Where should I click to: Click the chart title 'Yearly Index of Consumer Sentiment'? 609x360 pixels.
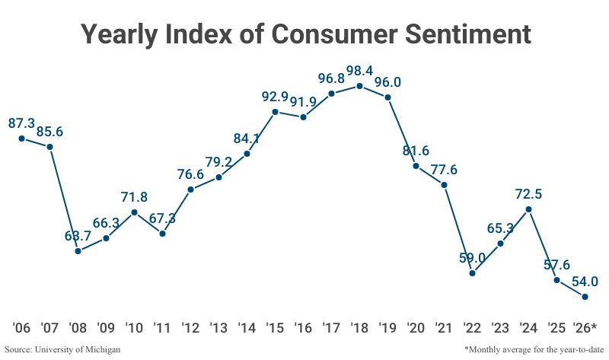click(304, 35)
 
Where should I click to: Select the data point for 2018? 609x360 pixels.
click(360, 86)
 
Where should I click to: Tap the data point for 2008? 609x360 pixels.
click(78, 250)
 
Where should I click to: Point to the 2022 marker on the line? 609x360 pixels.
click(473, 272)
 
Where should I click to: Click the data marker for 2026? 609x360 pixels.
click(585, 297)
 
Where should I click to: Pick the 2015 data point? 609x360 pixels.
click(275, 112)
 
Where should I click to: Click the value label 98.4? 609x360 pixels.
click(359, 71)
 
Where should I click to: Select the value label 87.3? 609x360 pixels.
click(22, 123)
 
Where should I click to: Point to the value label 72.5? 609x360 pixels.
click(528, 193)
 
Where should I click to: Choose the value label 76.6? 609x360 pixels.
click(190, 174)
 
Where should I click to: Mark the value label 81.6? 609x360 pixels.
click(416, 150)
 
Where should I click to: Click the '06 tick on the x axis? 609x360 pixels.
click(21, 328)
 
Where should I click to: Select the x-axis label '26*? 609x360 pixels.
click(585, 328)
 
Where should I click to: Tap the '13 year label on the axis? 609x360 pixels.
click(218, 328)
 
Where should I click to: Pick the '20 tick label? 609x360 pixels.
click(416, 328)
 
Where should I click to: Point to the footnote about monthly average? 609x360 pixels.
click(532, 349)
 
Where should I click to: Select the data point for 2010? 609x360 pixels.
click(134, 212)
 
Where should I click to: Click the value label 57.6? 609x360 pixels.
click(557, 265)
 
